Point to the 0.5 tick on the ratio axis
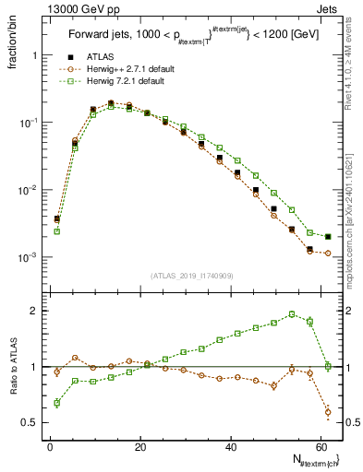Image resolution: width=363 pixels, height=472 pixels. click(x=32, y=422)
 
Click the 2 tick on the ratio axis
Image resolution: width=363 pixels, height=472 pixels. click(x=37, y=311)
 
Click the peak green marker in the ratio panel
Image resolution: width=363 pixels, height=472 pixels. click(x=292, y=314)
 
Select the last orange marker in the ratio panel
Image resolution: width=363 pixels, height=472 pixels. click(x=328, y=411)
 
